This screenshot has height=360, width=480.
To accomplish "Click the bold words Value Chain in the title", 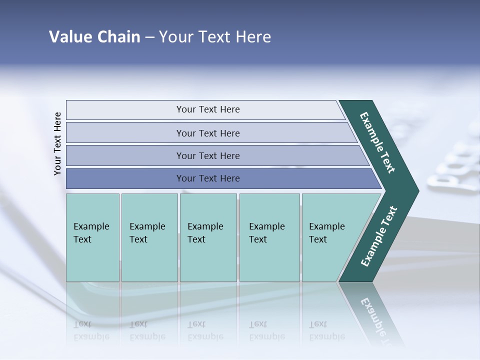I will [x=94, y=37].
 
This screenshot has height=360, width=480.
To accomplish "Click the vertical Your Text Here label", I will [x=57, y=143].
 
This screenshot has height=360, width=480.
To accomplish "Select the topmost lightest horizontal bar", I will [x=207, y=109].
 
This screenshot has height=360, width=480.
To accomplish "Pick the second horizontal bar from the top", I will [x=207, y=133].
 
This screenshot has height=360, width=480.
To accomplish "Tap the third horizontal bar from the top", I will [x=207, y=155].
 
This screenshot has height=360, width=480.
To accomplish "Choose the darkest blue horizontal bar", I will [x=207, y=178].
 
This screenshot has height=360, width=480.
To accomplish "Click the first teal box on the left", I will [x=92, y=237].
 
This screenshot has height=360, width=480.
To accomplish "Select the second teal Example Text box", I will [x=149, y=237].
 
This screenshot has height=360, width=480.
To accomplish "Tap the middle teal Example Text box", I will [x=208, y=237].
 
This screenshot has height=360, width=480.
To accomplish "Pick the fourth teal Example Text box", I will [x=269, y=237].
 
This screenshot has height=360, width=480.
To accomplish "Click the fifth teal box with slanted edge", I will [x=330, y=237].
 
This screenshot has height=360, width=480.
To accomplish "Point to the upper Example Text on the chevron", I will [x=377, y=142].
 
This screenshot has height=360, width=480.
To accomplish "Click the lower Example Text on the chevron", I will [x=379, y=236].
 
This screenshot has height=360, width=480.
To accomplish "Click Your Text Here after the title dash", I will [x=215, y=37].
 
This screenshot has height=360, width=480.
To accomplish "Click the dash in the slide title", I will [x=149, y=37].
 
